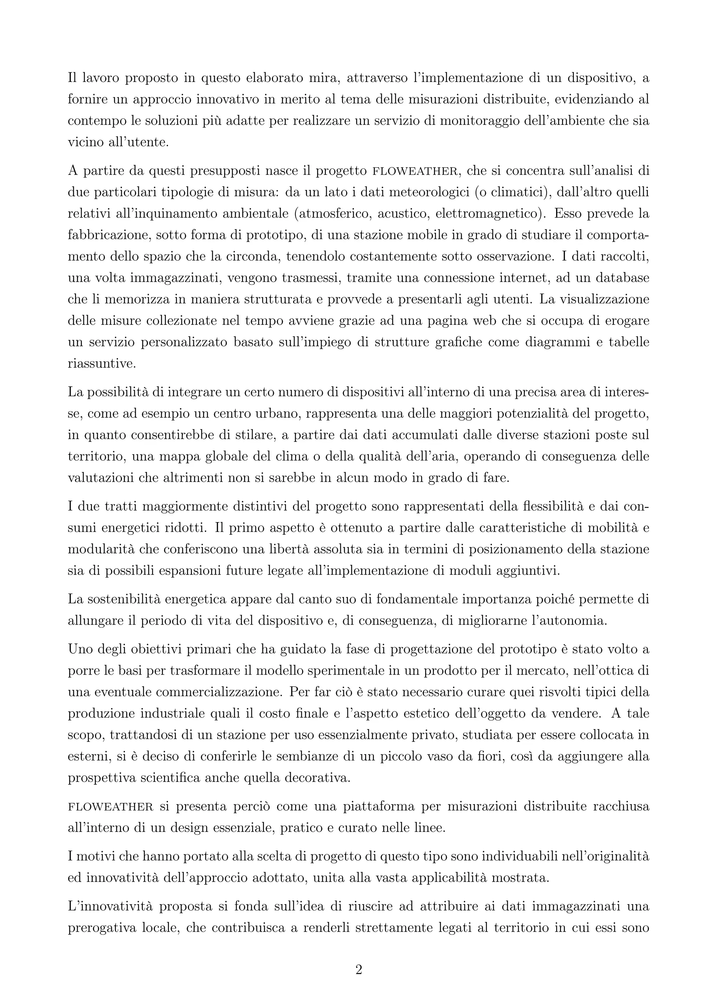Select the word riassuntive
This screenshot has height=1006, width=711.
pyautogui.click(x=102, y=364)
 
